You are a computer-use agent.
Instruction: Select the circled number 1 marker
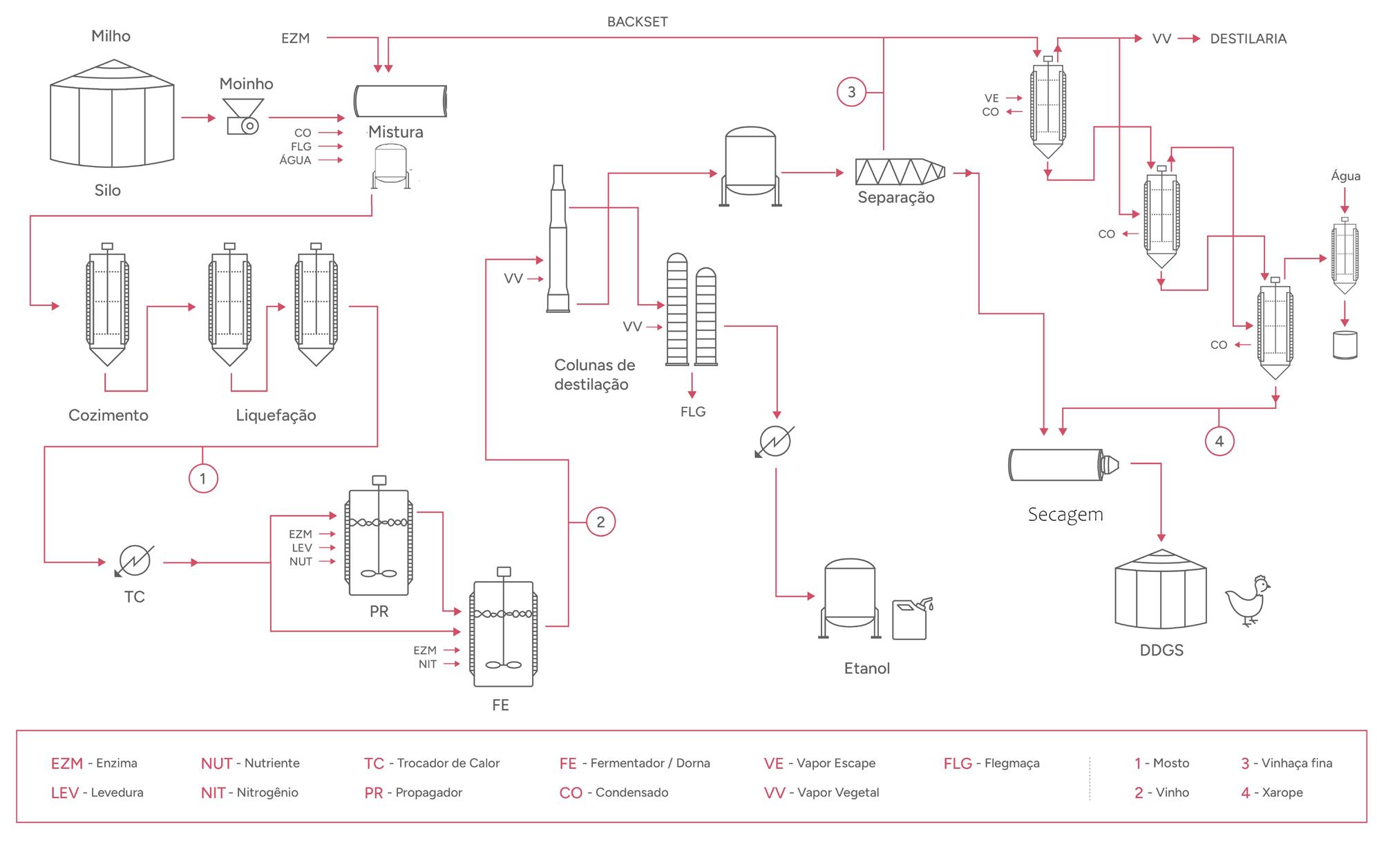pos(202,478)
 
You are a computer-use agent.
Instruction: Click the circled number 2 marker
pos(600,522)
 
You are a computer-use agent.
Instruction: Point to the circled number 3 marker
pos(851,92)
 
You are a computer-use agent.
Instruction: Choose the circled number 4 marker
pos(1219,442)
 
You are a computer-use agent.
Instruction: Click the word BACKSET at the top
pos(637,22)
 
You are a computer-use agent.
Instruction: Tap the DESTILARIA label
pos(1248,39)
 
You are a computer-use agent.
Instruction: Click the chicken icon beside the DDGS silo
pos(1248,600)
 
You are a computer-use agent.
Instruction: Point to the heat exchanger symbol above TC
pos(135,560)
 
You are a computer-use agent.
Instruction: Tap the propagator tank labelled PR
pos(379,542)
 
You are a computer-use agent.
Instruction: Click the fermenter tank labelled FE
pos(504,634)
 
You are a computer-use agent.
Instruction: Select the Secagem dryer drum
pos(1061,464)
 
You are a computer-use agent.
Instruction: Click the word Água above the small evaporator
pos(1345,176)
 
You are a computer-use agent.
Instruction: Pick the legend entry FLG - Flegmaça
pos(991,763)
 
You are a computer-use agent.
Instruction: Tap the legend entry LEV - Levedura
pos(97,793)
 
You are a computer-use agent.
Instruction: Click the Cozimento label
pos(108,415)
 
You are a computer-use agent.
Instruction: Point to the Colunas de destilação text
pos(594,374)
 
